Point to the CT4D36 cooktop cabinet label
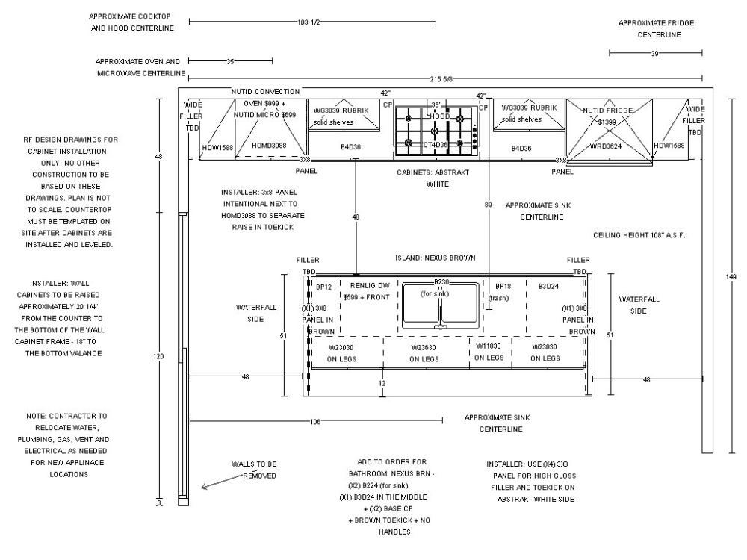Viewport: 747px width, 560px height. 436,145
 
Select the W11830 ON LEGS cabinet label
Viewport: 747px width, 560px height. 489,352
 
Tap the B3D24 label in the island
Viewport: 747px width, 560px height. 548,286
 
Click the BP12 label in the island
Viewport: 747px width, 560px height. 323,286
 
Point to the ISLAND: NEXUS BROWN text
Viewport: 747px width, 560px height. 436,258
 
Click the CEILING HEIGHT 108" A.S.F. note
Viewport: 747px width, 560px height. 639,235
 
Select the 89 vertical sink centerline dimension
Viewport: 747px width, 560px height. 487,204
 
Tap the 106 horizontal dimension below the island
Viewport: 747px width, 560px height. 314,422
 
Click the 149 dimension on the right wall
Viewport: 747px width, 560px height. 731,276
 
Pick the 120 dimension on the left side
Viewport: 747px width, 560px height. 158,356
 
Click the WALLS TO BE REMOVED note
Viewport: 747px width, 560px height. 254,470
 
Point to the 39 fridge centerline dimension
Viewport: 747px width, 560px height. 654,53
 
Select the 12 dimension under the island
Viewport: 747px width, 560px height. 382,383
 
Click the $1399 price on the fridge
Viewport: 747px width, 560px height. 606,121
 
